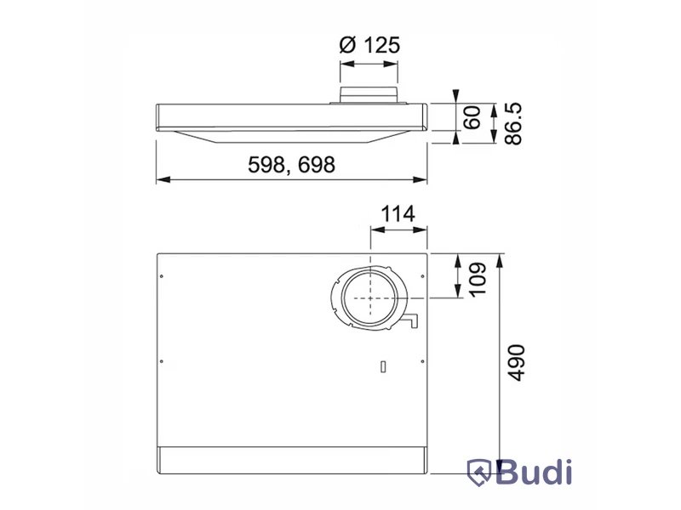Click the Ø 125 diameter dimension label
[x=369, y=45]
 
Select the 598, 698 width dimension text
[x=291, y=165]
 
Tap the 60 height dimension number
[x=472, y=117]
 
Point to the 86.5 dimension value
[x=513, y=123]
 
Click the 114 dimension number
[x=398, y=214]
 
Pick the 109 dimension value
[x=478, y=279]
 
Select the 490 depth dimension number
[x=517, y=363]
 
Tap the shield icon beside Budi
[x=479, y=473]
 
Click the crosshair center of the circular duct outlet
[x=370, y=298]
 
